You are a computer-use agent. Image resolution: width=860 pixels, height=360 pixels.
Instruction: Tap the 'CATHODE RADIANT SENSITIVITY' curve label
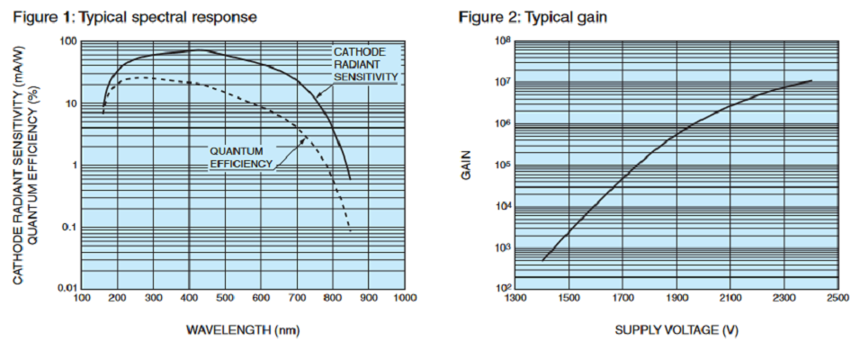(x=365, y=65)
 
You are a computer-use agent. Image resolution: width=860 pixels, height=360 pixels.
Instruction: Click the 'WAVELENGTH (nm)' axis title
(x=242, y=329)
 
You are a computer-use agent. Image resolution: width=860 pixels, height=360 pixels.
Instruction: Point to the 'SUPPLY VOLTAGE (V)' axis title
(x=676, y=329)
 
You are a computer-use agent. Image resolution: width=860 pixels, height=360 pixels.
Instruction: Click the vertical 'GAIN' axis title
(x=466, y=165)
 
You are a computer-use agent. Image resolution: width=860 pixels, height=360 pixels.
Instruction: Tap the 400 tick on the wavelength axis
(x=188, y=298)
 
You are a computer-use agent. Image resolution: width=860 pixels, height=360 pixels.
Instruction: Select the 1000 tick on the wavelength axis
(x=405, y=298)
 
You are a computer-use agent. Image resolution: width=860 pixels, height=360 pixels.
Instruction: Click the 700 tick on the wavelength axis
(x=297, y=298)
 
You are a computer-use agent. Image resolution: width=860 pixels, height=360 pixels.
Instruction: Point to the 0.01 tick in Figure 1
(x=65, y=288)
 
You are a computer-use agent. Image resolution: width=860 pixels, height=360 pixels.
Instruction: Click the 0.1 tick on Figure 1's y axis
(x=67, y=227)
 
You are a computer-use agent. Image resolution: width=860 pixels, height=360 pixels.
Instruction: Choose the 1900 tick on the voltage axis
(x=676, y=298)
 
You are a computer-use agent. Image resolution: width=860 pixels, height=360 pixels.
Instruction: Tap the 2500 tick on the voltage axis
(x=838, y=298)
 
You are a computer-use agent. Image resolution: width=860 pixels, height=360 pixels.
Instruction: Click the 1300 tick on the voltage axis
(x=515, y=298)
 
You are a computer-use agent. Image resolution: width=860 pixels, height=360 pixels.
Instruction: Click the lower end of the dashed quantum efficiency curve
(x=351, y=232)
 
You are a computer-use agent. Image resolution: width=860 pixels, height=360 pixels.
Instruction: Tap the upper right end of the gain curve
(x=811, y=80)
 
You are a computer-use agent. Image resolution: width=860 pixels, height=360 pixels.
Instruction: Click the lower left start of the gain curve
(x=542, y=260)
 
